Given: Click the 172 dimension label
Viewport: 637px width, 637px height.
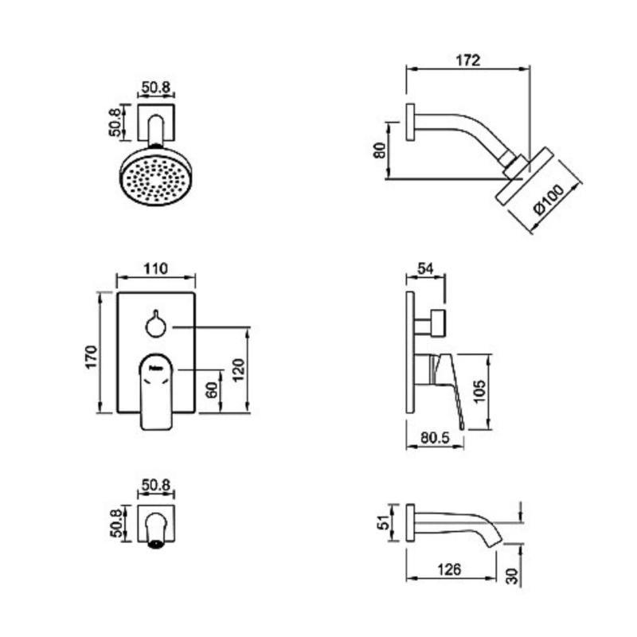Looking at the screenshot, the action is click(x=467, y=61).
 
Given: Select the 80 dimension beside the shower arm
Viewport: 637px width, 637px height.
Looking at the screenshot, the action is click(x=380, y=150).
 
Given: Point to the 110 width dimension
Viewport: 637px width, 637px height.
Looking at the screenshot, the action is click(x=155, y=268).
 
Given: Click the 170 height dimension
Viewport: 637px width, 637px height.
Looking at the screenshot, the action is click(x=92, y=357).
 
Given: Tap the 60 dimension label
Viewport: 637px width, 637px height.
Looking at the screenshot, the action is click(x=212, y=390).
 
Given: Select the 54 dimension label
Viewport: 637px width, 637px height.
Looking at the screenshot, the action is click(x=425, y=268).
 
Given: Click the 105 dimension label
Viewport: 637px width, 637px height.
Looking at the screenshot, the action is click(x=479, y=391).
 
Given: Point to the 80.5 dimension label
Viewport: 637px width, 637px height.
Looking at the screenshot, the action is click(x=435, y=437).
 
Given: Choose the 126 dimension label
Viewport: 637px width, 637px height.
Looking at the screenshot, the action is click(x=449, y=569).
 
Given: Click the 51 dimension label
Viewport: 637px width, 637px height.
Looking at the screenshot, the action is click(x=383, y=522).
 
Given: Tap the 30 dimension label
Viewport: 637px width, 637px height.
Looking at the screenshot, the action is click(x=513, y=576).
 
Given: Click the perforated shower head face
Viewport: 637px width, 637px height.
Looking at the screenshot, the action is click(x=156, y=178).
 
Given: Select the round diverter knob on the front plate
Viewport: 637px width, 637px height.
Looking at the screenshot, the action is click(x=156, y=324).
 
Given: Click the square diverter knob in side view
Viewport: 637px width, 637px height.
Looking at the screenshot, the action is click(x=439, y=323).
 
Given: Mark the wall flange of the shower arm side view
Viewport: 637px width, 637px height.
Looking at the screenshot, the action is click(x=410, y=123).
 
